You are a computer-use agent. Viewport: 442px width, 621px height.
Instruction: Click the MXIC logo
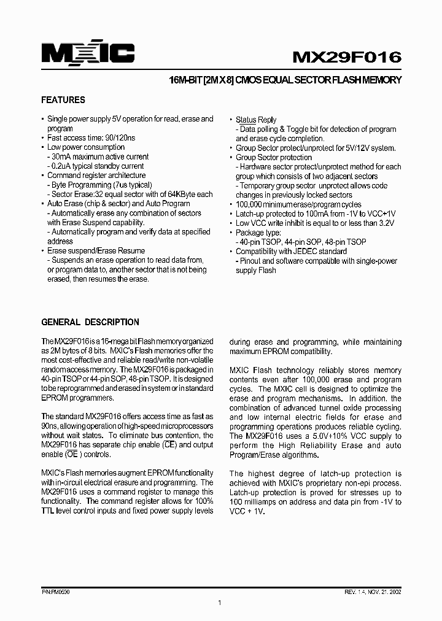(x=88, y=54)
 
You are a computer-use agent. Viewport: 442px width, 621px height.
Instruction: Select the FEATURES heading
(x=63, y=100)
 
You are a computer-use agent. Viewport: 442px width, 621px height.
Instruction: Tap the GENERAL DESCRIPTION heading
(x=90, y=322)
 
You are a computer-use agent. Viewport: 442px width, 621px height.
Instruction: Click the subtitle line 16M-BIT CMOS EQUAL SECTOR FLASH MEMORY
(x=285, y=80)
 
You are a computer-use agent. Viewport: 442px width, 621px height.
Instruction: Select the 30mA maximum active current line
(x=100, y=156)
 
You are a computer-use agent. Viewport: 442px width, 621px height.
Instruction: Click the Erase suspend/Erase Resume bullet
(x=96, y=250)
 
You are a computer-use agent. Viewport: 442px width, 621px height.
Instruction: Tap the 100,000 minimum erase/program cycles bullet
(x=298, y=204)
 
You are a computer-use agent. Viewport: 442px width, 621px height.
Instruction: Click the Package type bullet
(x=258, y=233)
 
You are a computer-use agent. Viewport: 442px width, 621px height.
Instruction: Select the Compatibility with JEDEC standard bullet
(x=291, y=252)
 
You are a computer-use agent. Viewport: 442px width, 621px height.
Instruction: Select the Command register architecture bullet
(x=97, y=175)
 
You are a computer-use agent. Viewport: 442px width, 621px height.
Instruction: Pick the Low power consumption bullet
(x=85, y=147)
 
